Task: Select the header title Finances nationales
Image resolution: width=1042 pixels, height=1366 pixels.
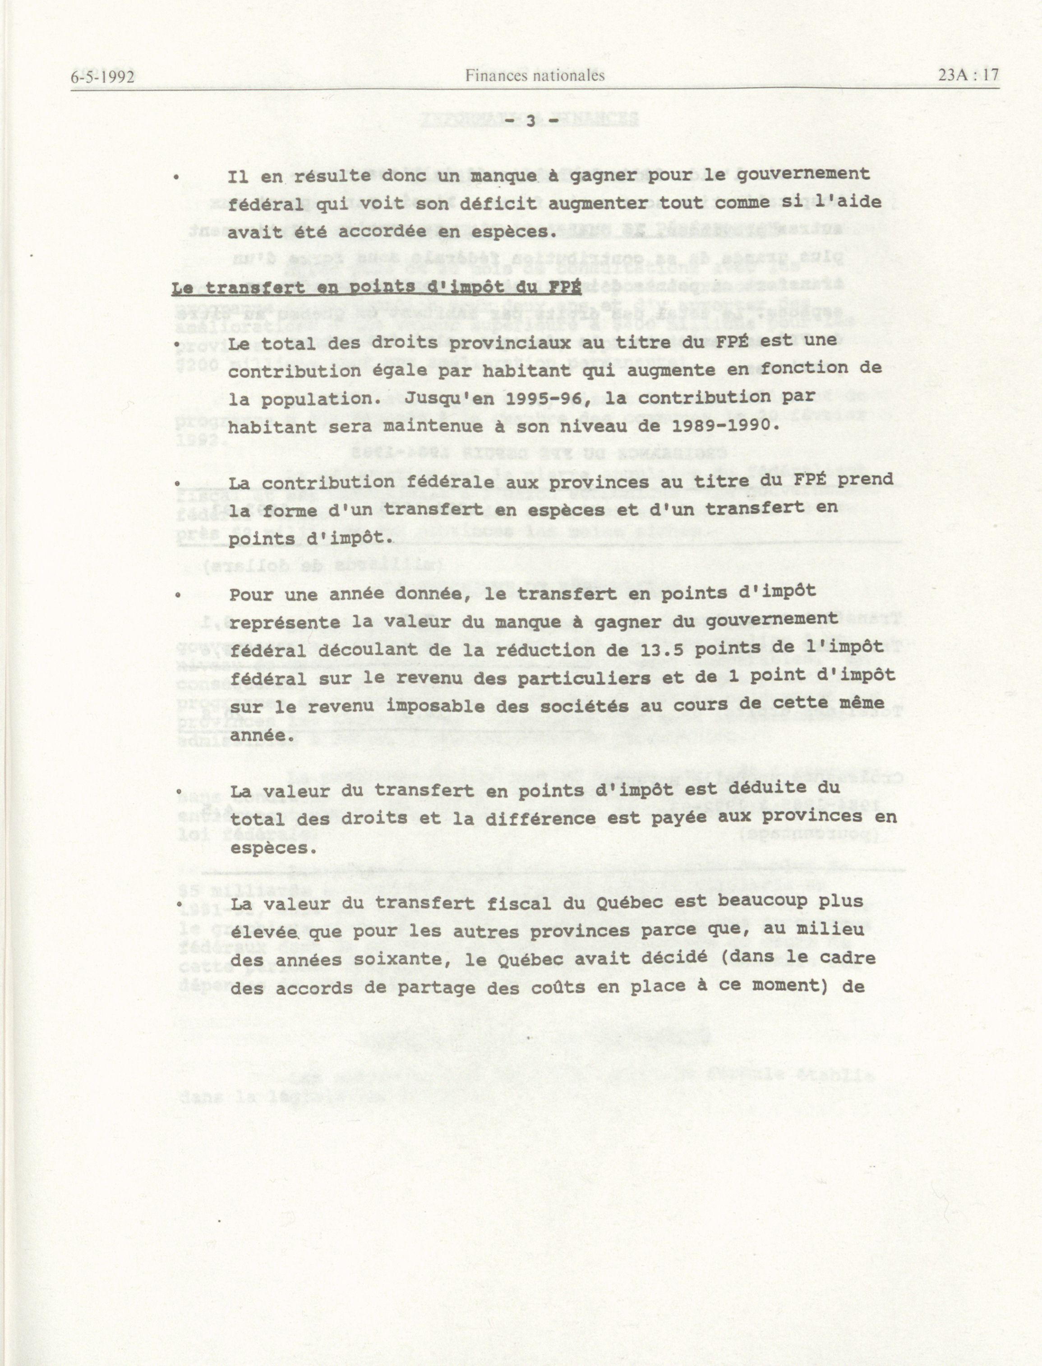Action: [x=535, y=76]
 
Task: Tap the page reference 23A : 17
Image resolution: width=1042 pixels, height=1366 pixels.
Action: [x=968, y=74]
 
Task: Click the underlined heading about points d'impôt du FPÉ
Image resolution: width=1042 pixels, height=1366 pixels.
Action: [x=376, y=288]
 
